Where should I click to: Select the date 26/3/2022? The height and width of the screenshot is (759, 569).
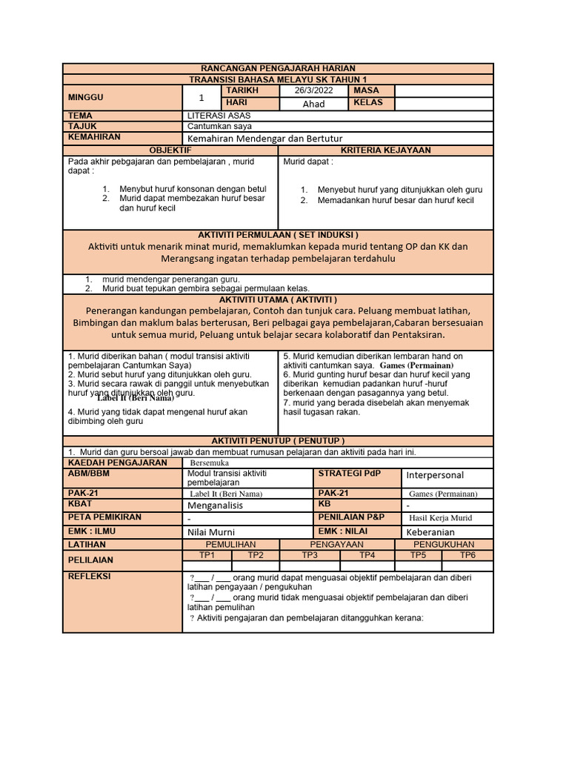click(313, 90)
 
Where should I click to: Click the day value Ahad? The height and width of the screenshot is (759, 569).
click(313, 104)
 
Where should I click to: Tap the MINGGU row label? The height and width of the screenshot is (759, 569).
click(86, 97)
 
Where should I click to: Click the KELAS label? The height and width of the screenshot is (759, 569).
click(368, 103)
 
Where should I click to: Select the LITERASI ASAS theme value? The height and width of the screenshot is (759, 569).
click(219, 116)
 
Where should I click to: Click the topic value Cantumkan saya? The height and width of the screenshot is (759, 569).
click(219, 127)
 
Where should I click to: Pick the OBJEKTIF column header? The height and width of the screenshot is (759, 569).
click(170, 150)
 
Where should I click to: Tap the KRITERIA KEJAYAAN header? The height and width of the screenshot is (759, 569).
click(385, 150)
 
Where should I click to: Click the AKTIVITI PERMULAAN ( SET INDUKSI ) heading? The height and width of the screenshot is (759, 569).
click(278, 234)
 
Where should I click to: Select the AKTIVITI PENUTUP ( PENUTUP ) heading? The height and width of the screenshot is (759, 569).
click(278, 440)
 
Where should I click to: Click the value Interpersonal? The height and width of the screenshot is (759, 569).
click(435, 475)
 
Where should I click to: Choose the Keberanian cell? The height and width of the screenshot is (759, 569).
click(430, 532)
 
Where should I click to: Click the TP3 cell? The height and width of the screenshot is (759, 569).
click(310, 555)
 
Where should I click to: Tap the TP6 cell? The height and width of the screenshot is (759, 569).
click(467, 555)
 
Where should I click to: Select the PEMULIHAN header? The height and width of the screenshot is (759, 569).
click(230, 544)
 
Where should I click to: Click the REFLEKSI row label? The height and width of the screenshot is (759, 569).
click(89, 576)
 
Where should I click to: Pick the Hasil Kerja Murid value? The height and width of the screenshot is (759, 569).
click(440, 518)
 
